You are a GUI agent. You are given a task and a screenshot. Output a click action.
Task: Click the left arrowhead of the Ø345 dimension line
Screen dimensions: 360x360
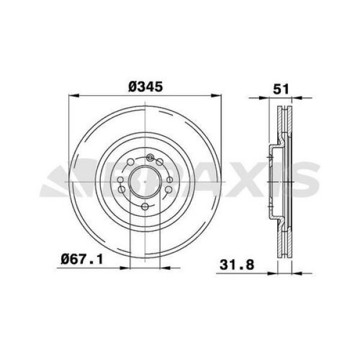[73, 95]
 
